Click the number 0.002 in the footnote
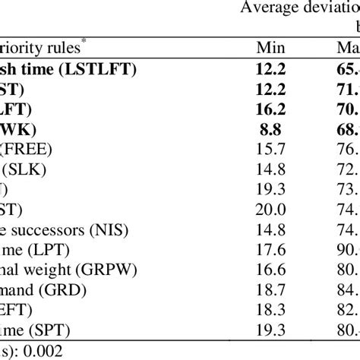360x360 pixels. click(46, 327)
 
